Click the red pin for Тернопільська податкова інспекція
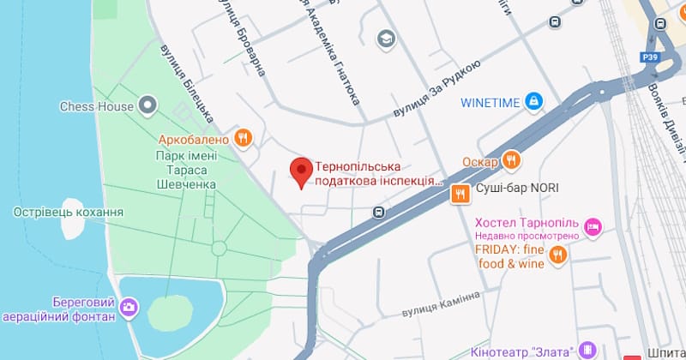click(301, 171)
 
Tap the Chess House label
click(96, 106)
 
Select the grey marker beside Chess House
click(148, 106)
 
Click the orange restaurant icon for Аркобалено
click(244, 138)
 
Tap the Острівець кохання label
click(69, 212)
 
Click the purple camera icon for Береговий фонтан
click(129, 306)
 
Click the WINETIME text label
click(490, 103)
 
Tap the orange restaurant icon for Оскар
click(512, 159)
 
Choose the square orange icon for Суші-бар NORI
click(460, 194)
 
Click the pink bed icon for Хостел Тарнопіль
click(592, 226)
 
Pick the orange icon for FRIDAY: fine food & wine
click(558, 255)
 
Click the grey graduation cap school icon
click(385, 38)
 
